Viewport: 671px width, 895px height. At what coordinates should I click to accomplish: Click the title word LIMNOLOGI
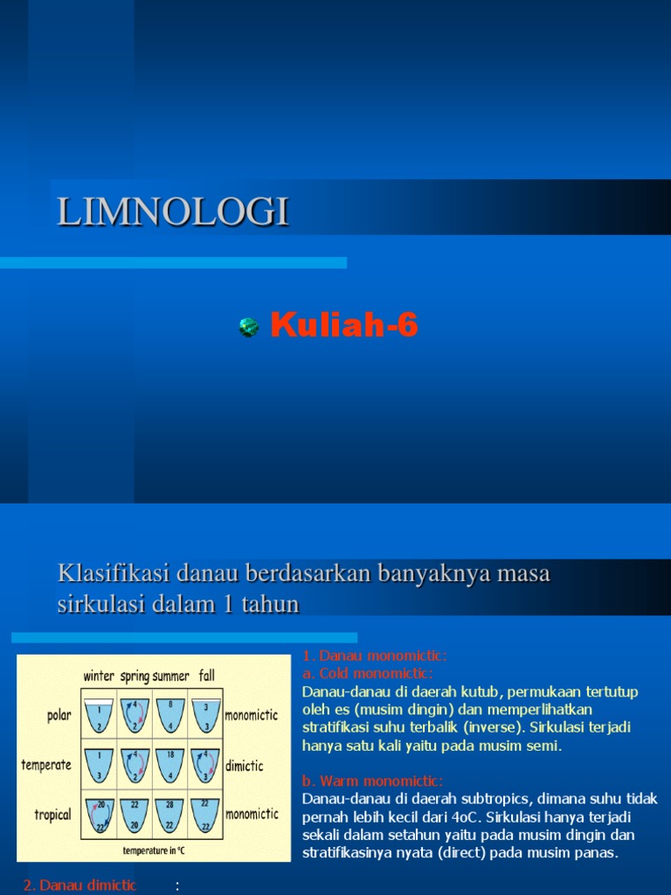click(173, 212)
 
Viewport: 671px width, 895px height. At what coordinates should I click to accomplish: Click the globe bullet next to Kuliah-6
click(248, 328)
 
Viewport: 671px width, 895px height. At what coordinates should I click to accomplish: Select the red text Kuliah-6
click(344, 326)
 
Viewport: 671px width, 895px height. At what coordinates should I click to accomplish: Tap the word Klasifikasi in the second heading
click(114, 574)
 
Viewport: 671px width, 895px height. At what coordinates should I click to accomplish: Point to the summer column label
click(170, 676)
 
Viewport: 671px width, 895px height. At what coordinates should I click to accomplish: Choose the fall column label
click(206, 676)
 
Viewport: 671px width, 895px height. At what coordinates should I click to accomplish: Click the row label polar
click(59, 715)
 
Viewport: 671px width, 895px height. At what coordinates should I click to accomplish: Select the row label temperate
click(46, 765)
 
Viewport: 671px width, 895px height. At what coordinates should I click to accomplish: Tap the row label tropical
click(52, 815)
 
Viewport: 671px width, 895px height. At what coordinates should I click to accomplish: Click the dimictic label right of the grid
click(245, 766)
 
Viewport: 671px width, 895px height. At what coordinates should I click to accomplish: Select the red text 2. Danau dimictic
click(80, 885)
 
